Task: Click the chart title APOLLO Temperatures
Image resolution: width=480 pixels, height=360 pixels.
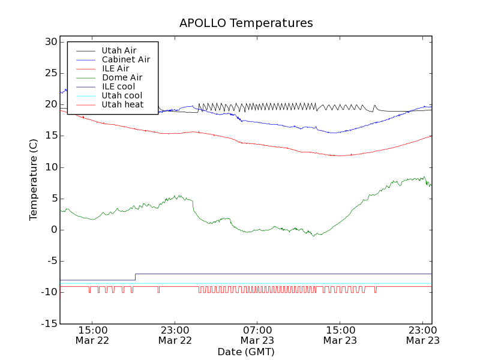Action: pyautogui.click(x=246, y=23)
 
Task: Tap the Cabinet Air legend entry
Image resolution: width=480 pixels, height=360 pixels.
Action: pyautogui.click(x=125, y=59)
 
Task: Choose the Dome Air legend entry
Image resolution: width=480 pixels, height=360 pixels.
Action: pyautogui.click(x=122, y=77)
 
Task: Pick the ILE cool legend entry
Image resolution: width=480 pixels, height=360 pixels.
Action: pyautogui.click(x=118, y=86)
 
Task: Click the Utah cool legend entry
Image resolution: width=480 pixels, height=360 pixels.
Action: pyautogui.click(x=122, y=95)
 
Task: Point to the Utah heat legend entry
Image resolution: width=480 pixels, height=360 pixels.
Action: pyautogui.click(x=122, y=104)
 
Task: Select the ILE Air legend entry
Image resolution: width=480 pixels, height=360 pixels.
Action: pyautogui.click(x=115, y=68)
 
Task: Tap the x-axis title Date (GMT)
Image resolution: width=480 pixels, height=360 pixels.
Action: pyautogui.click(x=245, y=352)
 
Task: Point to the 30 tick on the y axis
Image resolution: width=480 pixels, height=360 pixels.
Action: pyautogui.click(x=50, y=42)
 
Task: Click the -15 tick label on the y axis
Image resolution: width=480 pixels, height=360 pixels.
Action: pyautogui.click(x=48, y=324)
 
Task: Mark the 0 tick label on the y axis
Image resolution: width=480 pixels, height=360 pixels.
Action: pyautogui.click(x=53, y=230)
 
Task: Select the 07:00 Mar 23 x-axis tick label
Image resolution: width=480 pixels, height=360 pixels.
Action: pyautogui.click(x=257, y=335)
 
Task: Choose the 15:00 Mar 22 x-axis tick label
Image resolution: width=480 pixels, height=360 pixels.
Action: pyautogui.click(x=92, y=335)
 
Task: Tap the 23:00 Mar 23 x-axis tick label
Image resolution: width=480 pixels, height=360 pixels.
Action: pyautogui.click(x=422, y=335)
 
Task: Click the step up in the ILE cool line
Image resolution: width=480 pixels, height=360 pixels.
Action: pyautogui.click(x=135, y=277)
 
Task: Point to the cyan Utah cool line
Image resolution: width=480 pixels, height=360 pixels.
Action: pyautogui.click(x=270, y=283)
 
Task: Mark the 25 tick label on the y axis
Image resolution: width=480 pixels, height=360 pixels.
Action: pyautogui.click(x=50, y=73)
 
